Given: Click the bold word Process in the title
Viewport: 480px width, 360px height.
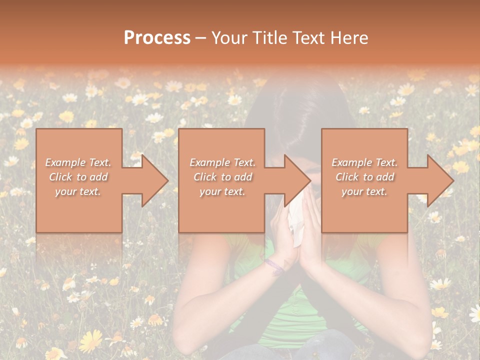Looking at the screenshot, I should coord(157,38).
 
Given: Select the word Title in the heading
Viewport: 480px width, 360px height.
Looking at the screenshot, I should coord(271,38).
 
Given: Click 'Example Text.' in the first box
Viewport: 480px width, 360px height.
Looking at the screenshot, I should coord(78,162).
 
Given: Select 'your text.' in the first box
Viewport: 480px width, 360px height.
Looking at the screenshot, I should coord(78,191).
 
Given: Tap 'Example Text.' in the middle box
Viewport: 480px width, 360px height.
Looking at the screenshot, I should coord(222,162).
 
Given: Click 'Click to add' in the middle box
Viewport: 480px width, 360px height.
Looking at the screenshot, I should coord(222,177).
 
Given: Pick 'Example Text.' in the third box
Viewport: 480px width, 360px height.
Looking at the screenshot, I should coord(364,162).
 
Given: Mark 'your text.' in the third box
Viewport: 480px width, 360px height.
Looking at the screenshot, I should coord(364,191).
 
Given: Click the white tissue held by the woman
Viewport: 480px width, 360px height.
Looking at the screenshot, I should coord(296,220).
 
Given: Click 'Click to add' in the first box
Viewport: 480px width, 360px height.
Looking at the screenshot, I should coord(78,177).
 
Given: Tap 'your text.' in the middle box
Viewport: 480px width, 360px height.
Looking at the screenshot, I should coord(222,191).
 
